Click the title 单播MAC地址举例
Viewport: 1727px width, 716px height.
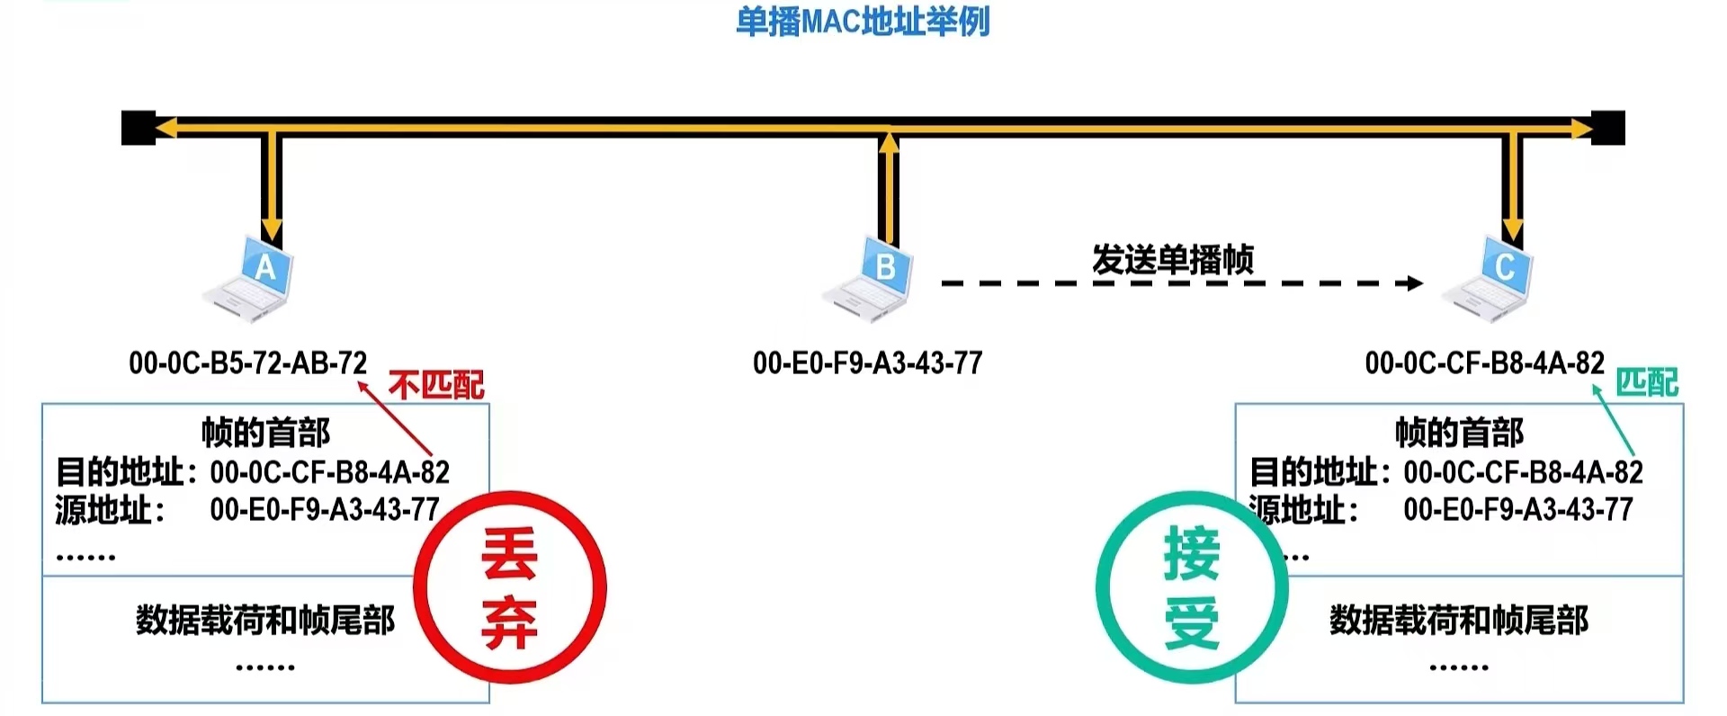[x=863, y=22]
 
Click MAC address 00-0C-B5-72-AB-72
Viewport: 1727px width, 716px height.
[x=247, y=363]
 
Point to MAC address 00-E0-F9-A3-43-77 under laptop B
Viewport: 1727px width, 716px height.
[x=867, y=363]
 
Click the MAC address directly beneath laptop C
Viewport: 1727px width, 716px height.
[x=1484, y=363]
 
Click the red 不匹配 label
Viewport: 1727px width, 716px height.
[x=436, y=386]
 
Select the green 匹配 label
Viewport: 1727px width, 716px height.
[x=1647, y=383]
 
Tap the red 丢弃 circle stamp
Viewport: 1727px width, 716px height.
[x=510, y=587]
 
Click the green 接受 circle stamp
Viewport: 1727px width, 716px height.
[x=1192, y=587]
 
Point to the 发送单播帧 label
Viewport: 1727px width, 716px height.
[x=1172, y=259]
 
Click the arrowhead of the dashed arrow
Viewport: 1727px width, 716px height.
[x=1415, y=283]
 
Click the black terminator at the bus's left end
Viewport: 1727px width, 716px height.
[x=138, y=128]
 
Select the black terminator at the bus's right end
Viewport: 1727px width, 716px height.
[x=1608, y=128]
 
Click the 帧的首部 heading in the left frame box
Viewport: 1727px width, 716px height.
[x=265, y=433]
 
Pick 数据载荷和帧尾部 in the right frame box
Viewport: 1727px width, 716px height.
[x=1459, y=620]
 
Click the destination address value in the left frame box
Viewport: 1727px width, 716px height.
[x=329, y=472]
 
